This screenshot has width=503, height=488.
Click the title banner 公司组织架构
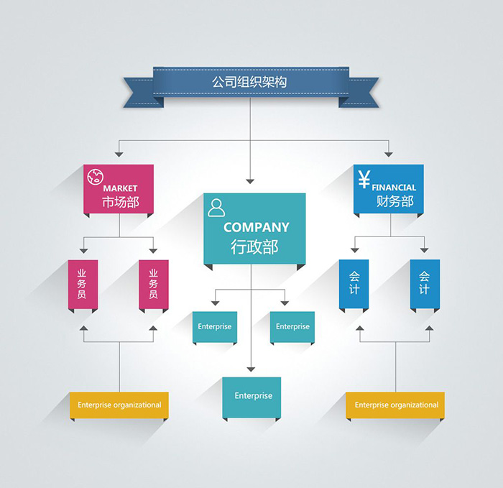click(x=250, y=82)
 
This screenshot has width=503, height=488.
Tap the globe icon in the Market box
click(x=94, y=177)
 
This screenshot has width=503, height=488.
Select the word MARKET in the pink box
click(x=120, y=188)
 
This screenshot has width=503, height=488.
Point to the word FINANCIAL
click(x=394, y=188)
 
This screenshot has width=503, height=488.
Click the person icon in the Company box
click(x=216, y=208)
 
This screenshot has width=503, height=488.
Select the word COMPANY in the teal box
click(x=256, y=227)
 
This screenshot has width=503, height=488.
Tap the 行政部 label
click(x=254, y=247)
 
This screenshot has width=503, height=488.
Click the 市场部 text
click(x=120, y=203)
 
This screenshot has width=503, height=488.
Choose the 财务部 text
click(x=394, y=201)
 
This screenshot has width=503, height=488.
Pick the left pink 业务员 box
click(x=82, y=285)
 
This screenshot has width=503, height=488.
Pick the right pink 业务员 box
click(x=153, y=285)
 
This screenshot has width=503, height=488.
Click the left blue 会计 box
click(x=354, y=283)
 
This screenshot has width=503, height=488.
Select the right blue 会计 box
click(x=425, y=283)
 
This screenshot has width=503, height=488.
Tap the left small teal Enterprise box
click(x=214, y=327)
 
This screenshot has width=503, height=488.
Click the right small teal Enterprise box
click(x=292, y=327)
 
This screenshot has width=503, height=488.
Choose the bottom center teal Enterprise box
click(x=251, y=396)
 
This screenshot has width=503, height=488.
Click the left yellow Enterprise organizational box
click(x=119, y=405)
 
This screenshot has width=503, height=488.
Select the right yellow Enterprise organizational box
click(x=396, y=405)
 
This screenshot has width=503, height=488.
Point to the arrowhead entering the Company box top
click(x=250, y=180)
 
